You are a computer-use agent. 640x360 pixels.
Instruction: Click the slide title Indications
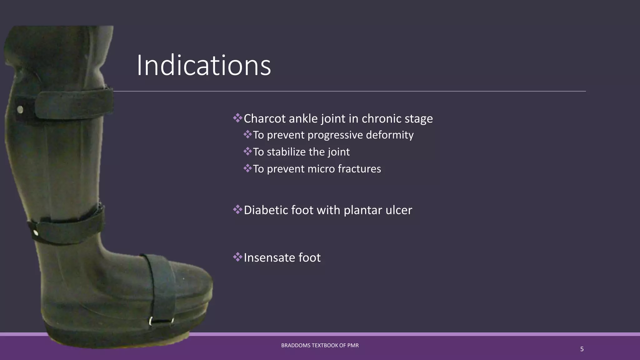pos(204,65)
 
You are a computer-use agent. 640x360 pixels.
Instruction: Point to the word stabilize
pos(286,152)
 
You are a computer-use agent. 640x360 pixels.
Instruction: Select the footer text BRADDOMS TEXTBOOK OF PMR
pos(320,345)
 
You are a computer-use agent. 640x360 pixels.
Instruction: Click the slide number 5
pos(582,349)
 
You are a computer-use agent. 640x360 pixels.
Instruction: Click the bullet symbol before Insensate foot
pos(237,257)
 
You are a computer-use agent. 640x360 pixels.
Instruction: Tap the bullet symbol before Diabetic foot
pos(237,209)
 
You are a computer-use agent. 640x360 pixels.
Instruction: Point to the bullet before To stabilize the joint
pos(247,152)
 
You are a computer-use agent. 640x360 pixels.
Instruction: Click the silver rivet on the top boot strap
pos(20,110)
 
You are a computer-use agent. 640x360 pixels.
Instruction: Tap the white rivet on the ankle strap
pos(36,233)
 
